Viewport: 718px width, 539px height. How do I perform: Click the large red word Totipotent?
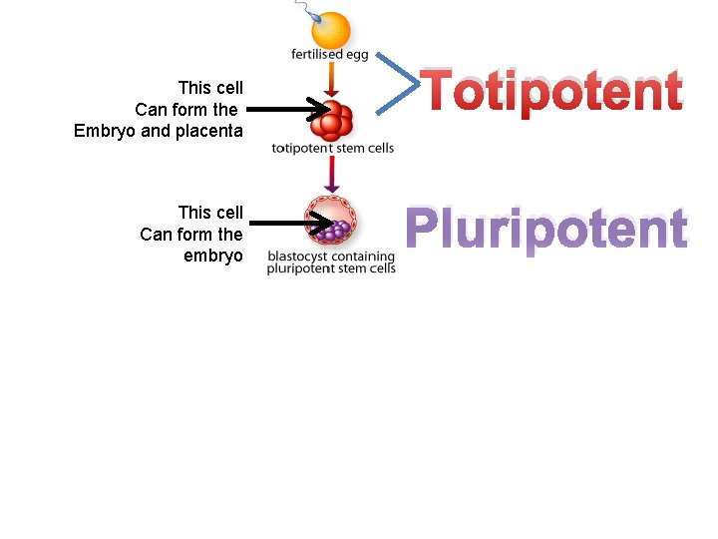[552, 92]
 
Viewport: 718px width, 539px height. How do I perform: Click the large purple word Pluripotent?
[546, 230]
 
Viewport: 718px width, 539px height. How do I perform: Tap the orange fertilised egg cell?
[331, 30]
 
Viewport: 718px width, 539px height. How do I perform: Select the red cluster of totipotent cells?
[333, 121]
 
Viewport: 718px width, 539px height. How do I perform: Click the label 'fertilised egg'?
[331, 55]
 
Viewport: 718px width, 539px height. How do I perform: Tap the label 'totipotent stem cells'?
[332, 149]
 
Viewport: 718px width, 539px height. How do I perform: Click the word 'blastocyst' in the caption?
[296, 257]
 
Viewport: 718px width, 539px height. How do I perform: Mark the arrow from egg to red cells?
[332, 80]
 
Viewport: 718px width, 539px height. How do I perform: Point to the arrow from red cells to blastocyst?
[332, 174]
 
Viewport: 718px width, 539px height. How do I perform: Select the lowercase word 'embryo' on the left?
[213, 256]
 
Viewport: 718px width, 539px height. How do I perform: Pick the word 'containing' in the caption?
[362, 257]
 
